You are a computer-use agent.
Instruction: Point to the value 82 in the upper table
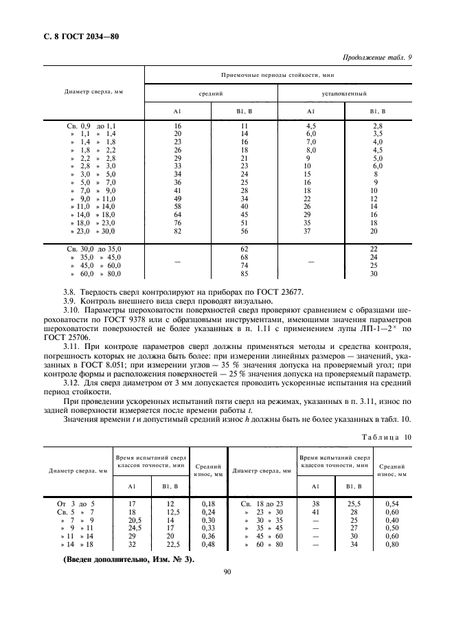[177, 232]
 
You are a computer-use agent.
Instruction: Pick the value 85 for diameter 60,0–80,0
[243, 273]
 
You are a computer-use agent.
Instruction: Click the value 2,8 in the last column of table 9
[377, 126]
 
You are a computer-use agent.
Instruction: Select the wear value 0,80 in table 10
[392, 544]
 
